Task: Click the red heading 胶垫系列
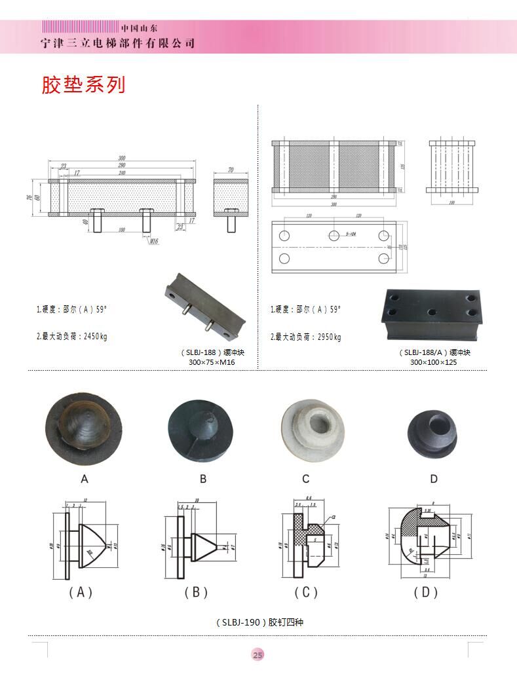83,84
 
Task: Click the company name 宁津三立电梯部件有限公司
118,43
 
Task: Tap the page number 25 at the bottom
258,655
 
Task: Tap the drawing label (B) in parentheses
196,592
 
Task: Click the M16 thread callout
154,241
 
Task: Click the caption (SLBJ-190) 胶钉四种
259,622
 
